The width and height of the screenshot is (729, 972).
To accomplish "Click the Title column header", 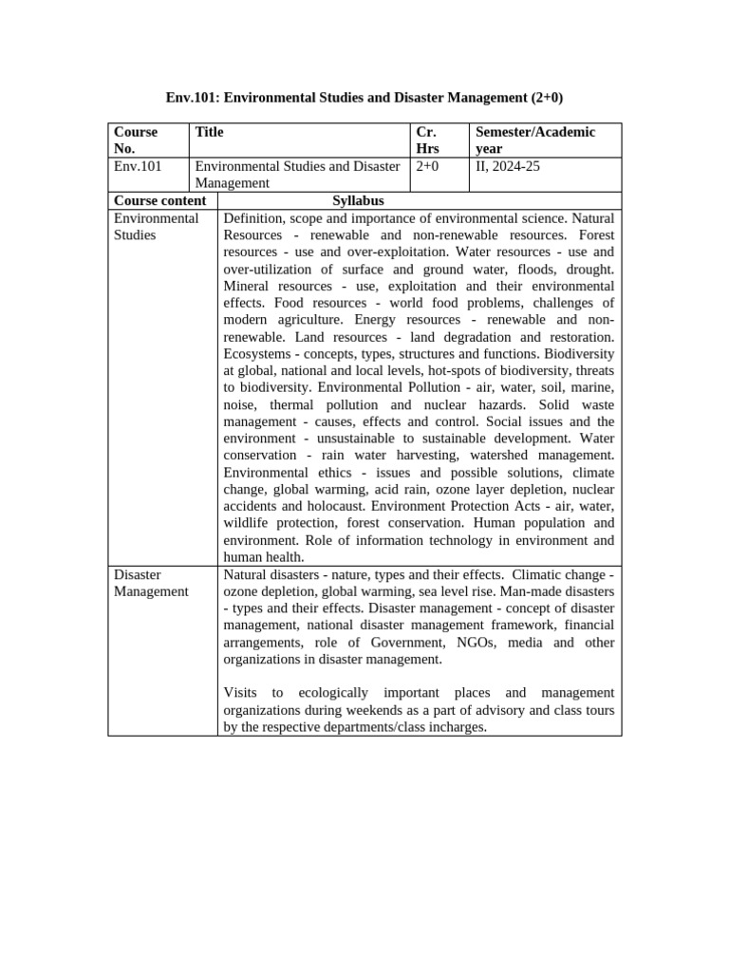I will (x=209, y=133).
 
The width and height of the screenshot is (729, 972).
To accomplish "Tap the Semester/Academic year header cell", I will (x=535, y=140).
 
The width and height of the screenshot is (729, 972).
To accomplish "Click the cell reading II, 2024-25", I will (x=508, y=166).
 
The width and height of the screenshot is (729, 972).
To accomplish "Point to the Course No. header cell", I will (x=136, y=140).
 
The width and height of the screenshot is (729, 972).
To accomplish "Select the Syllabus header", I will (x=358, y=200).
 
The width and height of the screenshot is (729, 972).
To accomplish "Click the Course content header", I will (x=159, y=200).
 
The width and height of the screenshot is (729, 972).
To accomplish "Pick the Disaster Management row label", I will (x=151, y=583).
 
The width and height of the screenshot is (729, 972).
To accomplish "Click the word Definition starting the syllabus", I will (x=256, y=218).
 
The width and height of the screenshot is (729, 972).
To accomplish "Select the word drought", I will (x=589, y=269).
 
